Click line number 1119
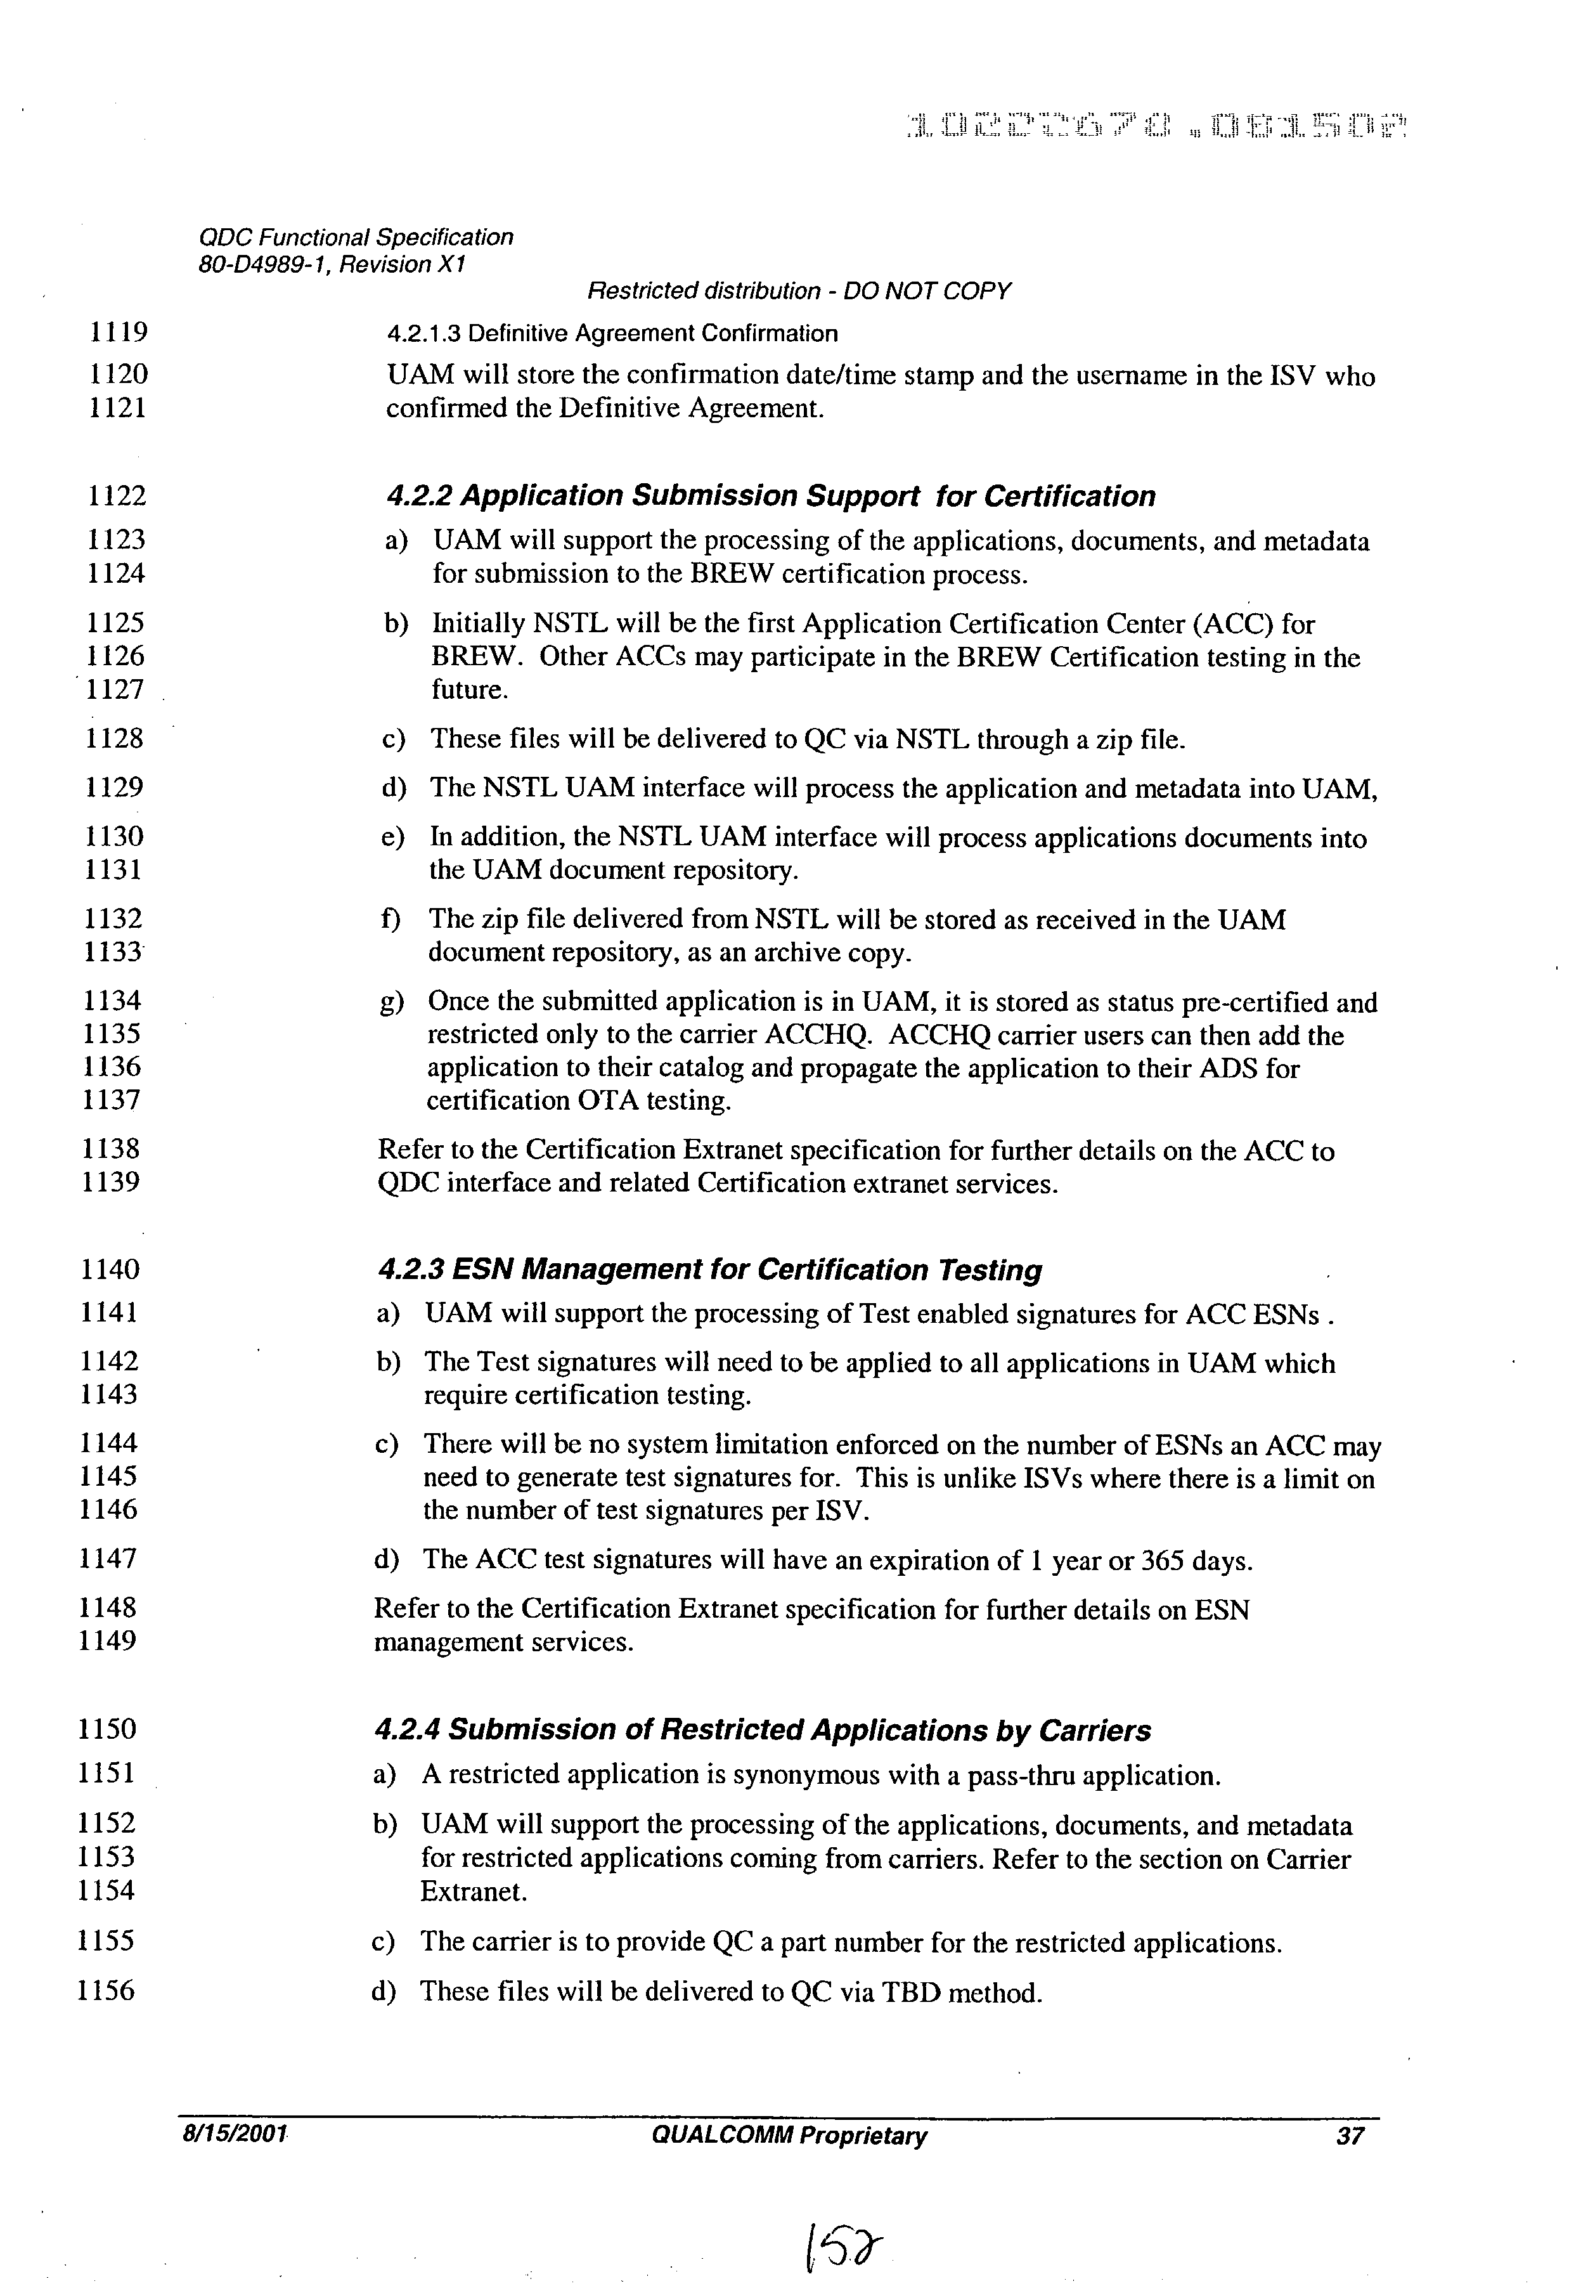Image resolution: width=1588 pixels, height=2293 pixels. tap(117, 332)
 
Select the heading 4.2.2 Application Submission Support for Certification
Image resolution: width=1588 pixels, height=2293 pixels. tap(771, 496)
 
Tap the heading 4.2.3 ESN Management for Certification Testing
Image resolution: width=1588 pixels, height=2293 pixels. tap(711, 1270)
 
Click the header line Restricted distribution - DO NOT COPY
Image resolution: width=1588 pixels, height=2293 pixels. tap(798, 290)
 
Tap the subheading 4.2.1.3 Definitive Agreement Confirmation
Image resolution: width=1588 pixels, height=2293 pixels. tap(612, 334)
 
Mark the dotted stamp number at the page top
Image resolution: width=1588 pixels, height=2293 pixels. tap(1156, 126)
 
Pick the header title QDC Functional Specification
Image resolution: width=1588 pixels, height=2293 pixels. tap(356, 238)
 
